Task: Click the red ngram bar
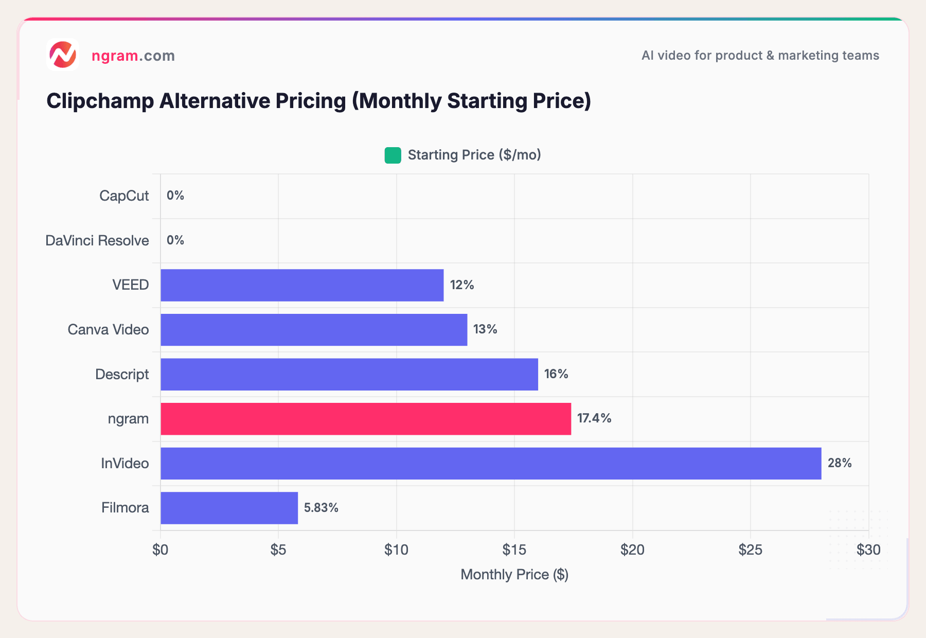coord(365,419)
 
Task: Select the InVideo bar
coord(490,464)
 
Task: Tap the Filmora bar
coord(229,508)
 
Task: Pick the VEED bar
coord(302,285)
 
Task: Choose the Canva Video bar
coord(314,330)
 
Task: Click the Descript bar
coord(349,375)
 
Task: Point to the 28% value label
coord(840,463)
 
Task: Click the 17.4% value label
coord(594,418)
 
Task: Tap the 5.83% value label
coord(321,508)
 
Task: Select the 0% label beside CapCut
coord(175,196)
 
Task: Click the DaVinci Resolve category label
coord(97,240)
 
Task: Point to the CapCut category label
coord(124,196)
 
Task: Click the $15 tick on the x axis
coord(514,550)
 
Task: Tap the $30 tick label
coord(868,550)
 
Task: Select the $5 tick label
coord(278,550)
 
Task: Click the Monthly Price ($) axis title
coord(514,574)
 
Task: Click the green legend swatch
coord(393,155)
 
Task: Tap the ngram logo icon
coord(63,55)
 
